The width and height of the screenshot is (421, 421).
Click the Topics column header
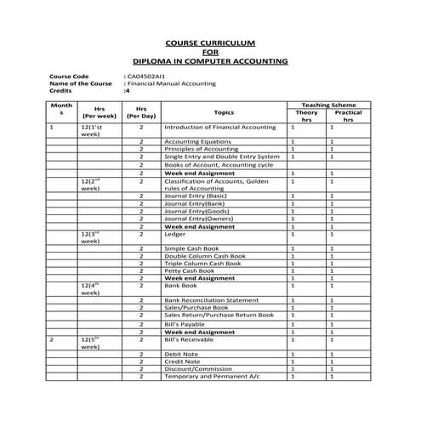pos(224,112)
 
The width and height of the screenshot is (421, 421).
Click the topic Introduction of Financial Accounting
pos(220,127)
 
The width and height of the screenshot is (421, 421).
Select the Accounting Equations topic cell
pos(197,141)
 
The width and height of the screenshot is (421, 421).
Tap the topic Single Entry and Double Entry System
pos(221,156)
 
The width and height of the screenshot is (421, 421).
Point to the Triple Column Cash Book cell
pos(203,263)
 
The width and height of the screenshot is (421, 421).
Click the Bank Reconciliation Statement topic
pos(211,300)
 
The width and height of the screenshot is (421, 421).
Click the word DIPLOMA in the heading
pos(156,61)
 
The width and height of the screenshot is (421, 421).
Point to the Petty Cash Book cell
pos(189,270)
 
